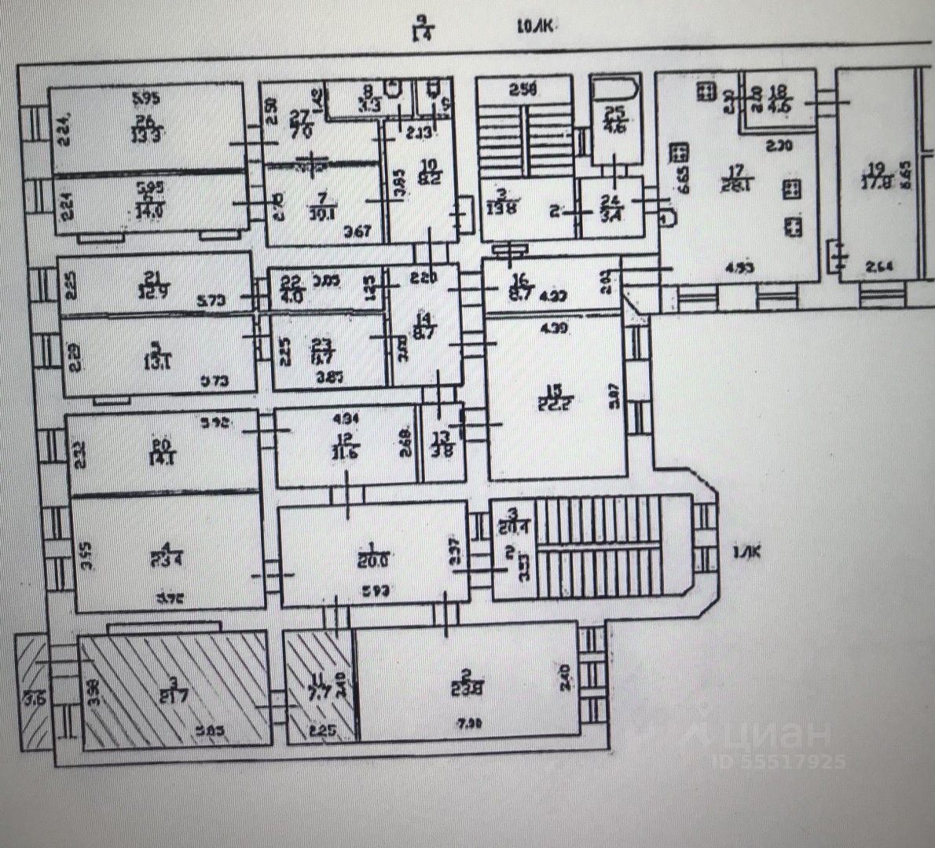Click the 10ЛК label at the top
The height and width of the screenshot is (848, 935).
[535, 27]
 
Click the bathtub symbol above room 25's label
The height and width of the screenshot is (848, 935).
[614, 88]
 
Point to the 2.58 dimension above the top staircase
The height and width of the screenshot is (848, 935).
[522, 89]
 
